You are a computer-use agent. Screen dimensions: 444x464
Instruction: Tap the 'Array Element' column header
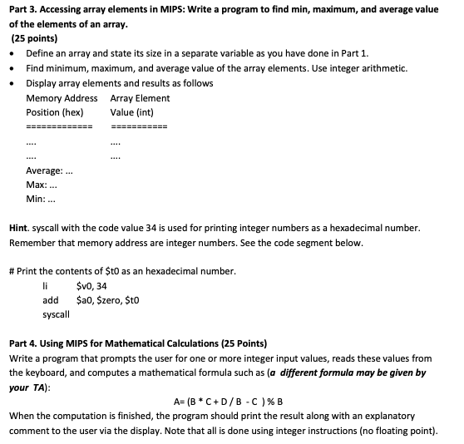coord(140,98)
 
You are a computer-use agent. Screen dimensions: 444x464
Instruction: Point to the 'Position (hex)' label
coord(55,111)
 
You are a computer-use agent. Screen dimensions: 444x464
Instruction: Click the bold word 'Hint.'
coord(20,227)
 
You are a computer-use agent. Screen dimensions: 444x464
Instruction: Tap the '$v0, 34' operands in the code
coord(91,286)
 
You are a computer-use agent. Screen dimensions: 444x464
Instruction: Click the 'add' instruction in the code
coord(50,300)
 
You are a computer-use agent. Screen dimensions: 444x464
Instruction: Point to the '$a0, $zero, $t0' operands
coord(106,300)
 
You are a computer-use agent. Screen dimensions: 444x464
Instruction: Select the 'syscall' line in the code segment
coord(56,314)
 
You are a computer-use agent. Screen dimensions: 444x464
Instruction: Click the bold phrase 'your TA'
coord(26,387)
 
